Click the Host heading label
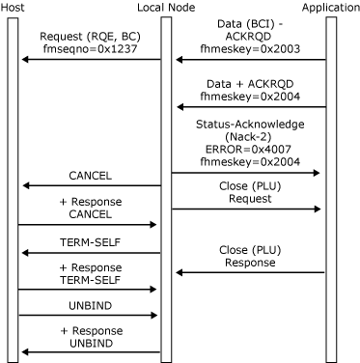[x=13, y=8]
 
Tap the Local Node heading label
[x=166, y=8]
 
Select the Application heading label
[x=331, y=8]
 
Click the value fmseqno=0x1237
[x=90, y=48]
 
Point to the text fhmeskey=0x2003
[x=250, y=48]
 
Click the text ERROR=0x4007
[x=248, y=149]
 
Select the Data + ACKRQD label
[x=250, y=84]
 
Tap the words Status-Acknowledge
[x=250, y=125]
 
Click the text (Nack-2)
[x=248, y=137]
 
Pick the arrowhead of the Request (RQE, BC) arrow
[x=25, y=60]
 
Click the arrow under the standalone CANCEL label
[x=92, y=185]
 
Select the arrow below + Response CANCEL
[x=87, y=225]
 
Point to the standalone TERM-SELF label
[x=90, y=242]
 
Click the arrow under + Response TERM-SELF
[x=87, y=290]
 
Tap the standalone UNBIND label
[x=91, y=306]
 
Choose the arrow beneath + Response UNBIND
[x=91, y=352]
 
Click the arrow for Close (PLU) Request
[x=246, y=209]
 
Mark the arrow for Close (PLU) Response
[x=251, y=273]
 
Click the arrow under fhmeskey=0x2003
[x=251, y=60]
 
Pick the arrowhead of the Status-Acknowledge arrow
[x=316, y=173]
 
